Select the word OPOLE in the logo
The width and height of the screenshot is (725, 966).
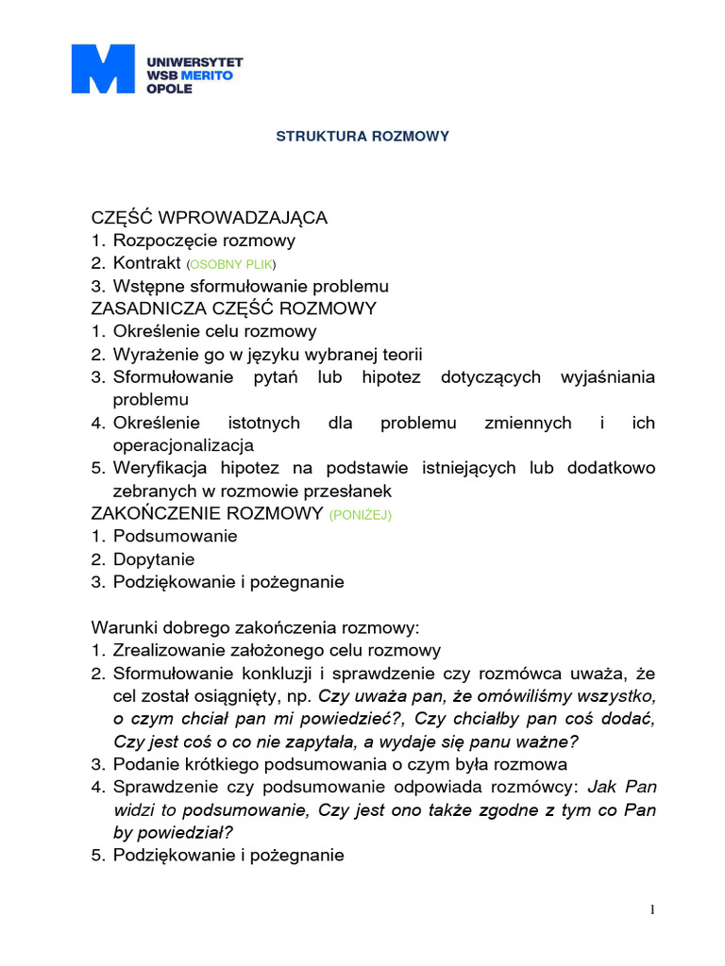(x=169, y=88)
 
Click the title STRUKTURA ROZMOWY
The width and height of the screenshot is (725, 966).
(x=362, y=137)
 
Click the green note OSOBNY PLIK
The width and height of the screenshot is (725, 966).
(x=232, y=264)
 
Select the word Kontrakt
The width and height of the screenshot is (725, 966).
(x=146, y=263)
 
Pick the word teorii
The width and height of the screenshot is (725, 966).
(x=400, y=355)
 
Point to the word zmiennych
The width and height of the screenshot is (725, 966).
(x=528, y=423)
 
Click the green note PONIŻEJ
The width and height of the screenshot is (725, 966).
(x=360, y=515)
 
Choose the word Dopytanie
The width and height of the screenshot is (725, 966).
(x=154, y=559)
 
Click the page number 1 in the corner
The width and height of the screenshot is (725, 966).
(x=651, y=909)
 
